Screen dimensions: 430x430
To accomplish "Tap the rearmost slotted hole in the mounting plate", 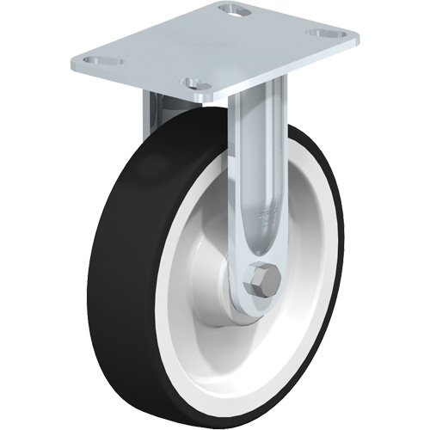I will tap(230, 10).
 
